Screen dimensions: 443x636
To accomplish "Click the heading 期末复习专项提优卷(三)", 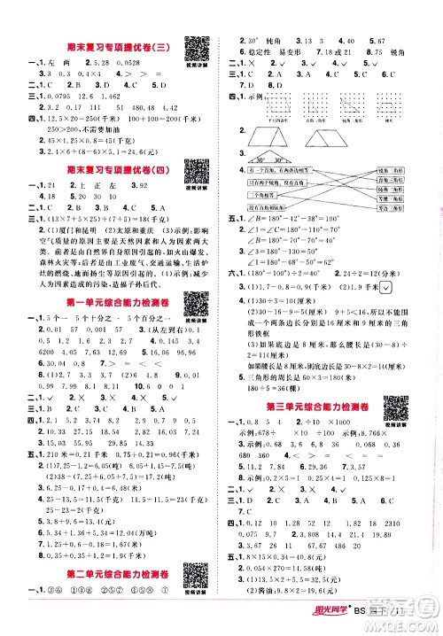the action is click(x=98, y=52).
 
